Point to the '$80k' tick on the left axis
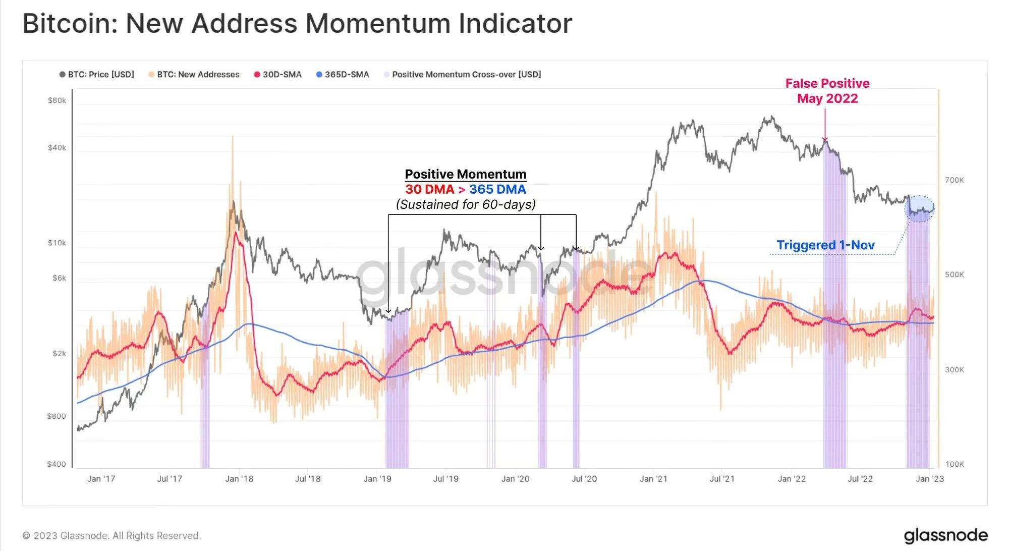[x=57, y=100]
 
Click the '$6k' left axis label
[x=59, y=278]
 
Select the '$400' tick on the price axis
[x=57, y=464]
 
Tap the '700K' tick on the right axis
[x=954, y=180]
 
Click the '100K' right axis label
[x=954, y=464]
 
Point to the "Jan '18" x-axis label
[x=239, y=479]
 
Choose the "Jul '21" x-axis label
[x=722, y=479]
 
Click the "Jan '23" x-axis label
[x=929, y=479]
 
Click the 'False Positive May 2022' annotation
[x=827, y=91]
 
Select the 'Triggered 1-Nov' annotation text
[x=825, y=245]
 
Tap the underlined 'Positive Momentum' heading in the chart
[x=465, y=175]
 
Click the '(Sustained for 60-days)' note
[x=466, y=204]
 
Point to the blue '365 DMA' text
[x=497, y=190]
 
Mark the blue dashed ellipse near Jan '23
[x=920, y=208]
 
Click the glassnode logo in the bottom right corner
[x=945, y=535]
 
